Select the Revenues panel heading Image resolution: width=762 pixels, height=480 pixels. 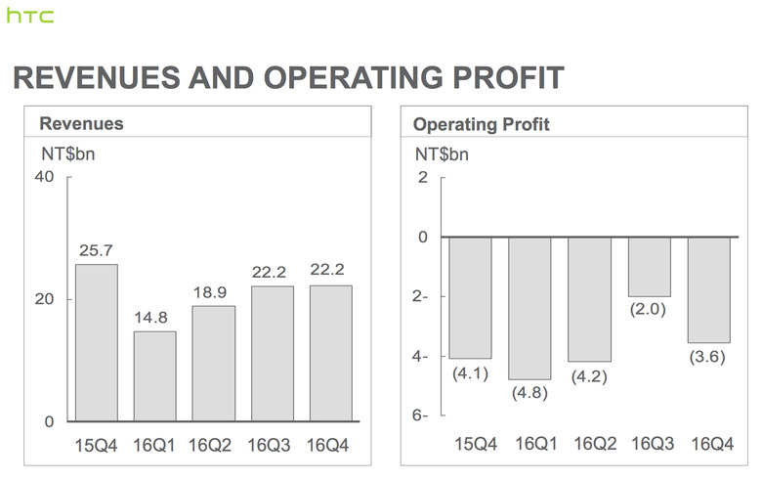click(81, 124)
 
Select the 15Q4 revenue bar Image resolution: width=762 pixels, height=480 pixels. click(97, 342)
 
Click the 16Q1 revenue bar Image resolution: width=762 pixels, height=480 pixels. click(155, 376)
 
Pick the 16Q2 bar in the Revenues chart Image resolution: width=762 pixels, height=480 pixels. click(214, 364)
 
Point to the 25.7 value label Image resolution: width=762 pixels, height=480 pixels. click(97, 251)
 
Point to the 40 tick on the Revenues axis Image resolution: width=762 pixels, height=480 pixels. click(44, 177)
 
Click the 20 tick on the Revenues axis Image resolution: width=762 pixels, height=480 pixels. click(44, 299)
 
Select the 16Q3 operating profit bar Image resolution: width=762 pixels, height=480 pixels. click(650, 267)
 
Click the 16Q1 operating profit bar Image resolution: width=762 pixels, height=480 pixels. click(530, 308)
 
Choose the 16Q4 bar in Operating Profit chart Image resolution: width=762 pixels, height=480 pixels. click(709, 289)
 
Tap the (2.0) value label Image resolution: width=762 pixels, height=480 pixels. click(650, 310)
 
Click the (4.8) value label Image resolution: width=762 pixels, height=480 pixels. click(530, 393)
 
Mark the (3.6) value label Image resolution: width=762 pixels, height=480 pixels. click(709, 357)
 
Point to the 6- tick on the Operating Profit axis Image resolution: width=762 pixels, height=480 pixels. click(422, 416)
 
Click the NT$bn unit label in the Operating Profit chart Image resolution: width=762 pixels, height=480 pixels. click(442, 153)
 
